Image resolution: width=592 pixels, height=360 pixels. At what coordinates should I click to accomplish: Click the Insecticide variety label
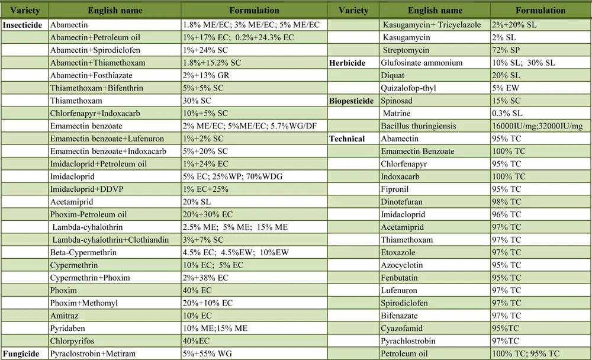pyautogui.click(x=24, y=25)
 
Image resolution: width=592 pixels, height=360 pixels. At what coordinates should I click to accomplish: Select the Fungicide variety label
pyautogui.click(x=21, y=353)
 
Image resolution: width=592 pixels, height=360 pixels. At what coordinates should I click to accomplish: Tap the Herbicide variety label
pyautogui.click(x=348, y=63)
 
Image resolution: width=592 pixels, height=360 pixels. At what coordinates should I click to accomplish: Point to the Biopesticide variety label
pyautogui.click(x=352, y=101)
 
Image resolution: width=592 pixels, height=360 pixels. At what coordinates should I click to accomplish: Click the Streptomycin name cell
pyautogui.click(x=406, y=50)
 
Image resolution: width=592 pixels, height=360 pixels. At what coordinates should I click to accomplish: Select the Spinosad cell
pyautogui.click(x=398, y=101)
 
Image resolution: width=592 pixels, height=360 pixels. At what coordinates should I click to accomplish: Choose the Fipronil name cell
pyautogui.click(x=397, y=189)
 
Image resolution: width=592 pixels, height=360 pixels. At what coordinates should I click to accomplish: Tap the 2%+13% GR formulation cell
pyautogui.click(x=208, y=75)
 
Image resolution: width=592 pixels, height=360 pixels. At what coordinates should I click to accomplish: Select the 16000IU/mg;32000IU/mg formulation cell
pyautogui.click(x=539, y=126)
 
